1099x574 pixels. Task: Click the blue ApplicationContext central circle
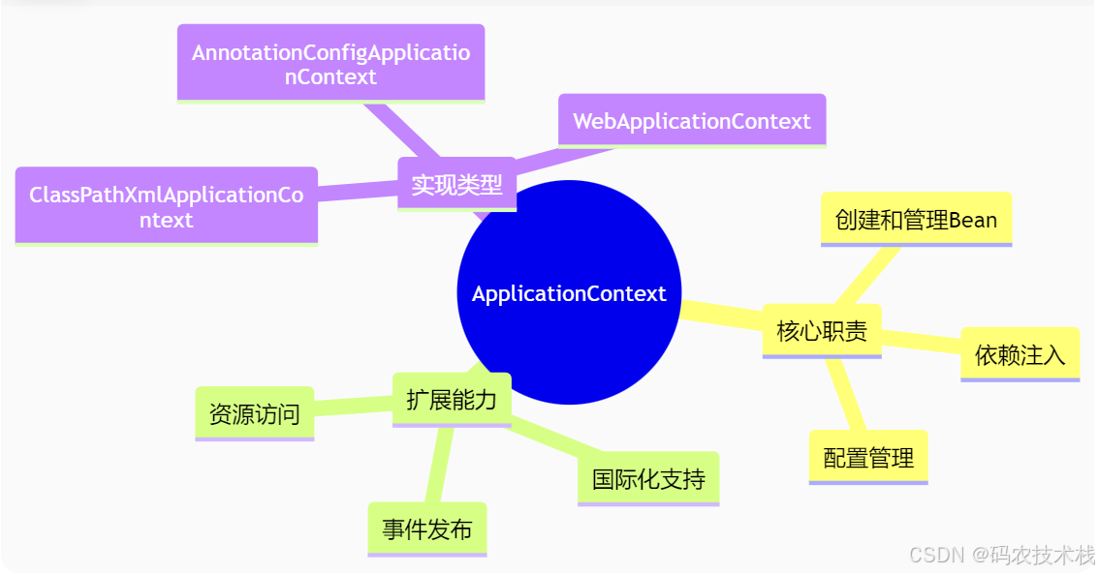[569, 293]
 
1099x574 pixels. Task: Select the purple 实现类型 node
[456, 184]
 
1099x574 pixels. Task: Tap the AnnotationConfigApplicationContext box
[330, 64]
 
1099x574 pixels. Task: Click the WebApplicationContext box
[691, 121]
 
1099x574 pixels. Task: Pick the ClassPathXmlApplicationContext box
[166, 206]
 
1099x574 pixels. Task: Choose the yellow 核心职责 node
[822, 331]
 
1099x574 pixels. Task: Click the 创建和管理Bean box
[916, 220]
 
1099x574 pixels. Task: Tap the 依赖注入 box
[1020, 354]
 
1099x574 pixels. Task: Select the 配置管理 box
[868, 457]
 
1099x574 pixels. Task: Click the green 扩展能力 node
[452, 399]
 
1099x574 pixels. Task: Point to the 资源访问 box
[254, 414]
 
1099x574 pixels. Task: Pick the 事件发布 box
[426, 529]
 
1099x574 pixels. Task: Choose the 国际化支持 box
[648, 478]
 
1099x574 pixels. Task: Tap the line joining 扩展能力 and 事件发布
[439, 465]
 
